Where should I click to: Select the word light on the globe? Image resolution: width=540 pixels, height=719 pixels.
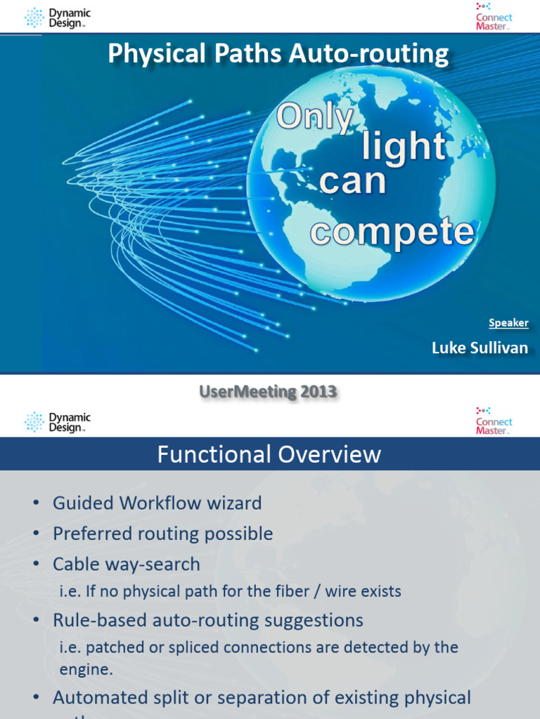(x=404, y=146)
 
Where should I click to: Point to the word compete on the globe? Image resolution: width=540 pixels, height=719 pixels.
(x=392, y=231)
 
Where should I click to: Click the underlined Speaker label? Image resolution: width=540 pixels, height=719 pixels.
(x=508, y=323)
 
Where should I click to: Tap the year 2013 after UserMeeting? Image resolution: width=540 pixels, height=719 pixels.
(x=319, y=393)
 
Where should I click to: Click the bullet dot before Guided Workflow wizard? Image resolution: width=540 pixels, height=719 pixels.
(x=36, y=503)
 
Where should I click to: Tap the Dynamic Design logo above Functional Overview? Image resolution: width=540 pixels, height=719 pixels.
(x=58, y=421)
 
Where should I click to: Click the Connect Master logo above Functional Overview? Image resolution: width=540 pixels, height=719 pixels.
(x=494, y=421)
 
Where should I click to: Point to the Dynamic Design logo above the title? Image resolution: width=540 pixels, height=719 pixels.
(x=58, y=18)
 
